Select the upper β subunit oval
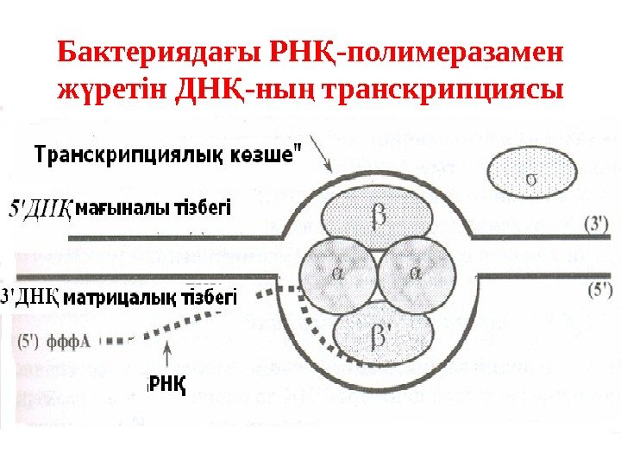[x=375, y=217]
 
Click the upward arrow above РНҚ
[x=166, y=354]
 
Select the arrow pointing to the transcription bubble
[x=319, y=160]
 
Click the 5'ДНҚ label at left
[x=38, y=210]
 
